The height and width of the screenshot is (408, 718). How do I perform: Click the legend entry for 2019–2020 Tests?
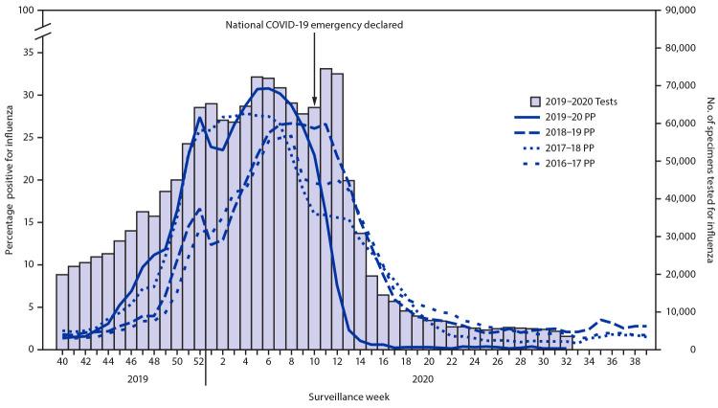coord(584,100)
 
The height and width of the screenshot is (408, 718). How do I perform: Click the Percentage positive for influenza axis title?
coord(9,180)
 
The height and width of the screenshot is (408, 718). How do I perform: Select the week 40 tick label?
coord(61,362)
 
